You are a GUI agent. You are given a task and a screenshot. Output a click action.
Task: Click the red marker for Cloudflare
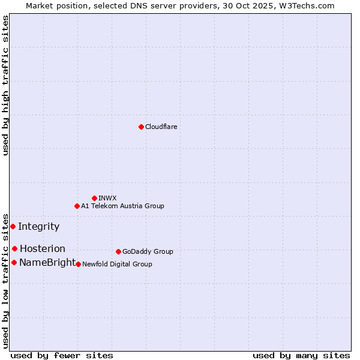(141, 127)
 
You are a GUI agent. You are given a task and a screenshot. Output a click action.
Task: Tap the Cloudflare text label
(161, 127)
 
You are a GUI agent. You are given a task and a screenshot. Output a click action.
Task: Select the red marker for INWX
(94, 198)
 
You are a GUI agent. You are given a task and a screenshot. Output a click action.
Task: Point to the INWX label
(107, 198)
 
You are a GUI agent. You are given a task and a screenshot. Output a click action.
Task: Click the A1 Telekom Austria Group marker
(77, 206)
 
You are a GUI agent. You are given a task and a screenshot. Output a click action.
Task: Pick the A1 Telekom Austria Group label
(122, 206)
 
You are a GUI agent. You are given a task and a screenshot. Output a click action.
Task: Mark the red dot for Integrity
(13, 226)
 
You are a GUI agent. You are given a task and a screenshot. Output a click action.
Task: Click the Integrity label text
(38, 226)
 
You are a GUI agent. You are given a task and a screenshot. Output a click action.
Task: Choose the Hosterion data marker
(14, 248)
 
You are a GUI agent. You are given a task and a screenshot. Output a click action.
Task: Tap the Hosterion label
(42, 248)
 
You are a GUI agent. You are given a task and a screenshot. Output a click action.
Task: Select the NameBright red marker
(14, 262)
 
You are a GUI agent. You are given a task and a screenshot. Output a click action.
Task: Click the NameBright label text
(47, 262)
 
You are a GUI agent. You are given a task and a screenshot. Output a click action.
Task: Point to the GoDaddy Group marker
(118, 251)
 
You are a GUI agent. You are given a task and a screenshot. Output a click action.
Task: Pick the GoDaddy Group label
(148, 251)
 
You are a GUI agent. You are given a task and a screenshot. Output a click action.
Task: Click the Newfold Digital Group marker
(78, 264)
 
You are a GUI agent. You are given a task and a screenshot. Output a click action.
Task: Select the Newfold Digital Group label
(117, 264)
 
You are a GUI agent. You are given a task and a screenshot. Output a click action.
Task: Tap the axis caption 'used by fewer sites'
(62, 355)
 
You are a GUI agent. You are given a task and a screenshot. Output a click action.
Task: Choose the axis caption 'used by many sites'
(301, 355)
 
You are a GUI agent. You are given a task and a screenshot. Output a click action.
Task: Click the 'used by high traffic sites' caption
(5, 85)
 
